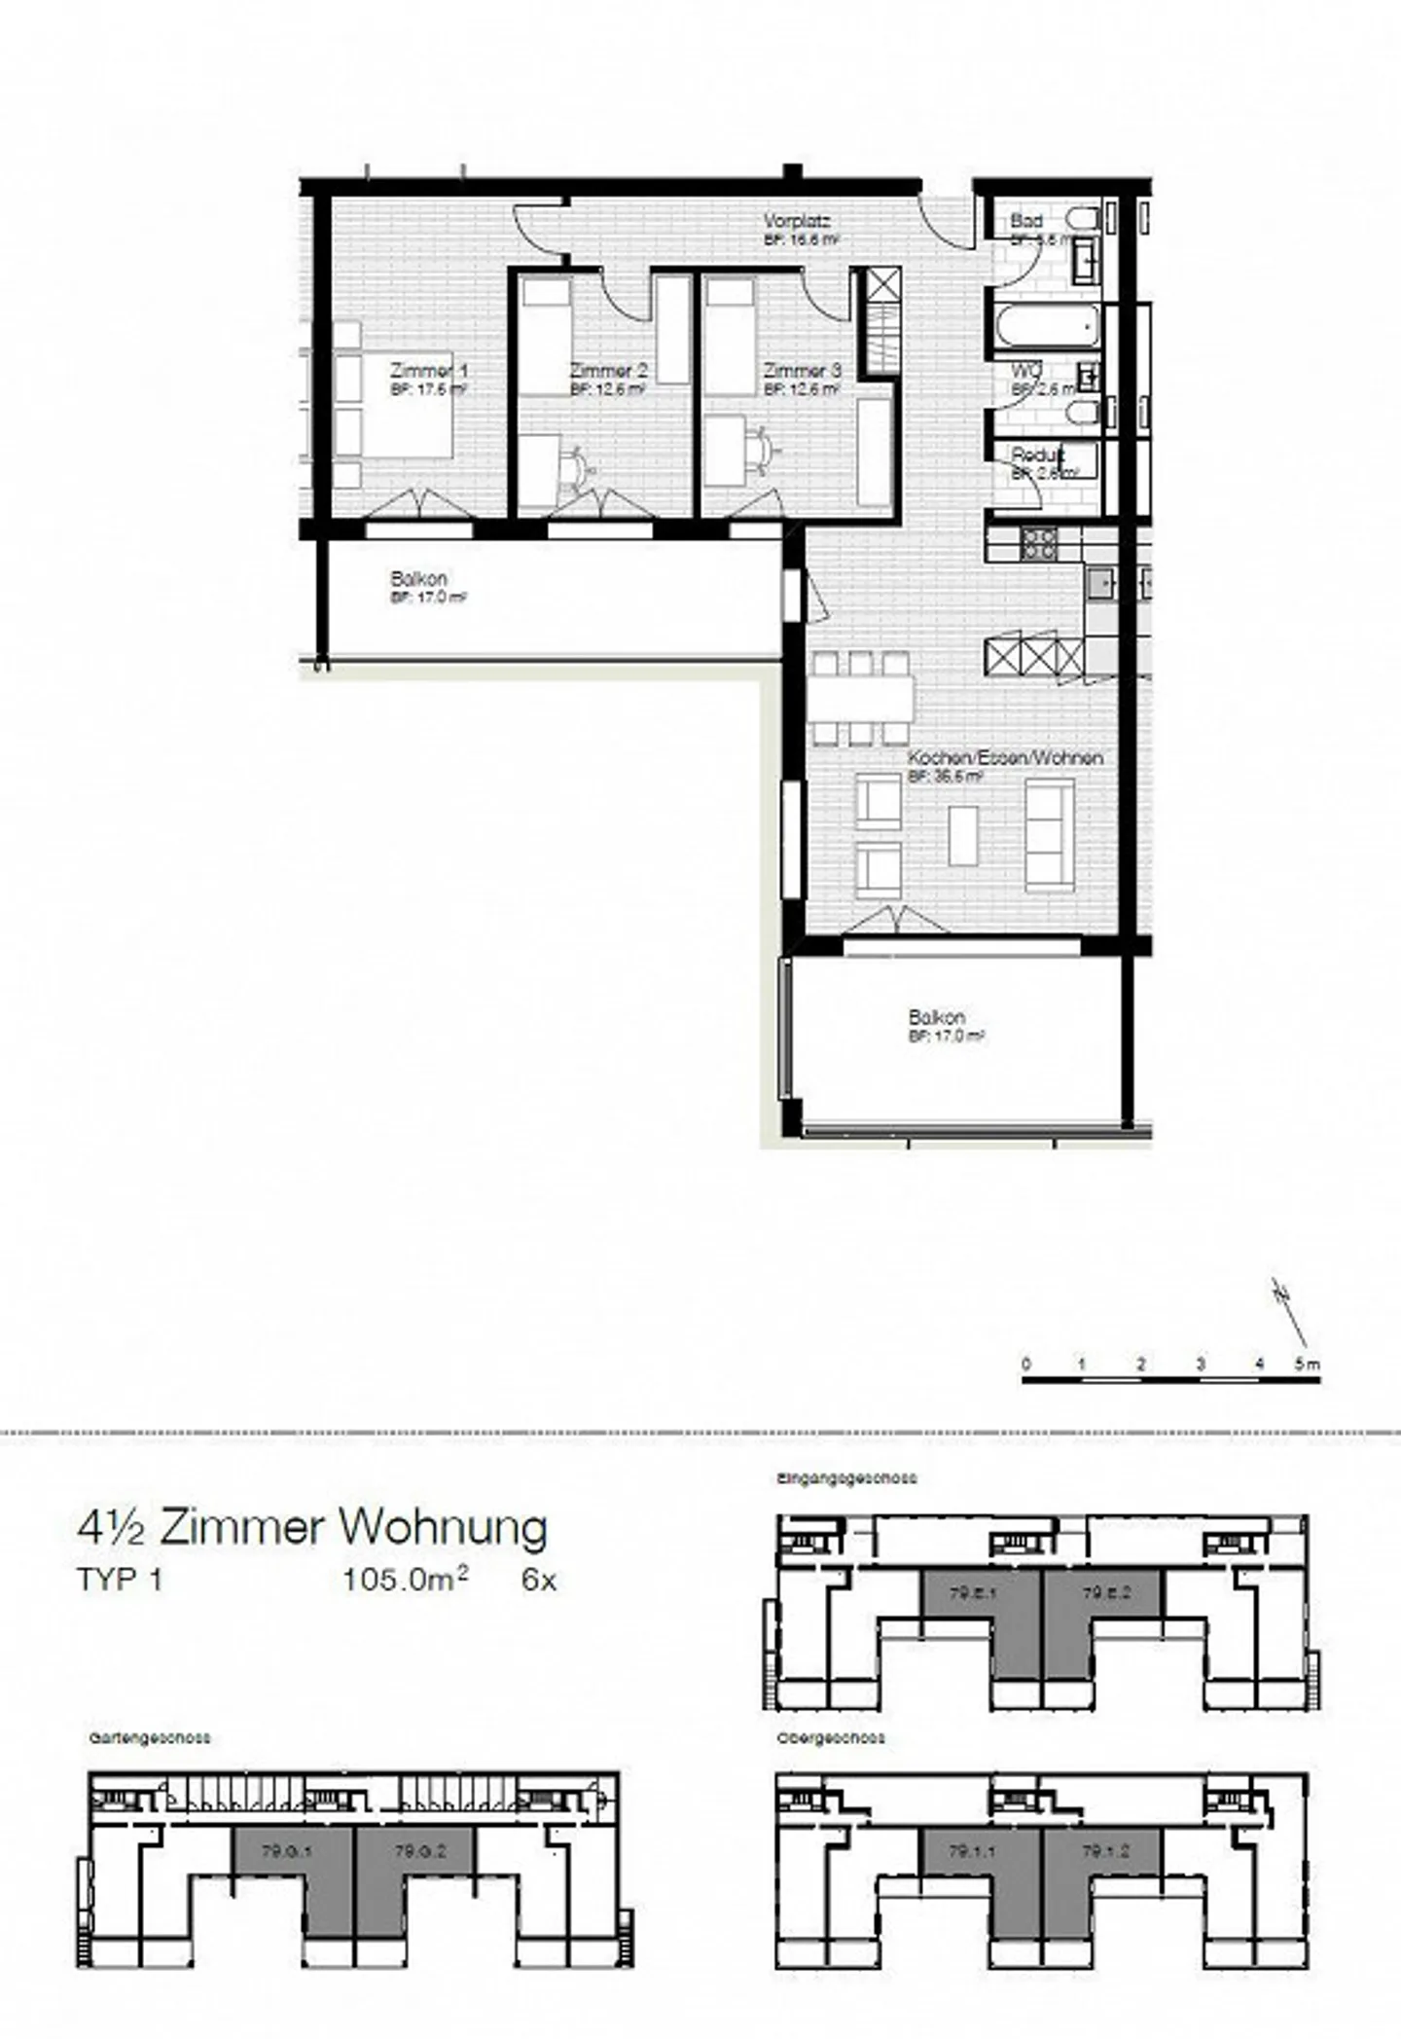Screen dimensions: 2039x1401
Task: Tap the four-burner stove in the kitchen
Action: [x=1037, y=543]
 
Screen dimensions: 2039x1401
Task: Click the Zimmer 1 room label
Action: [x=429, y=371]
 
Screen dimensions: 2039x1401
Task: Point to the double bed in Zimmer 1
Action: [x=394, y=403]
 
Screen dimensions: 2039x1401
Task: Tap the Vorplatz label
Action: [x=797, y=221]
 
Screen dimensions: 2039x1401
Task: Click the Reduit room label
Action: [x=1037, y=455]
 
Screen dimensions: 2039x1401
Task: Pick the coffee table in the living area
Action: [x=963, y=835]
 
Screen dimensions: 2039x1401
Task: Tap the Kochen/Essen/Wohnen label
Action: [x=1005, y=757]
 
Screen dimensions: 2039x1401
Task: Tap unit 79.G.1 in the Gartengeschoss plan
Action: [x=286, y=1852]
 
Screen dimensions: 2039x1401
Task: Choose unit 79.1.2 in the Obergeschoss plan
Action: [x=1103, y=1852]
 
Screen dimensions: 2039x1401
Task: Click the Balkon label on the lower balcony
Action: [x=936, y=1017]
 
